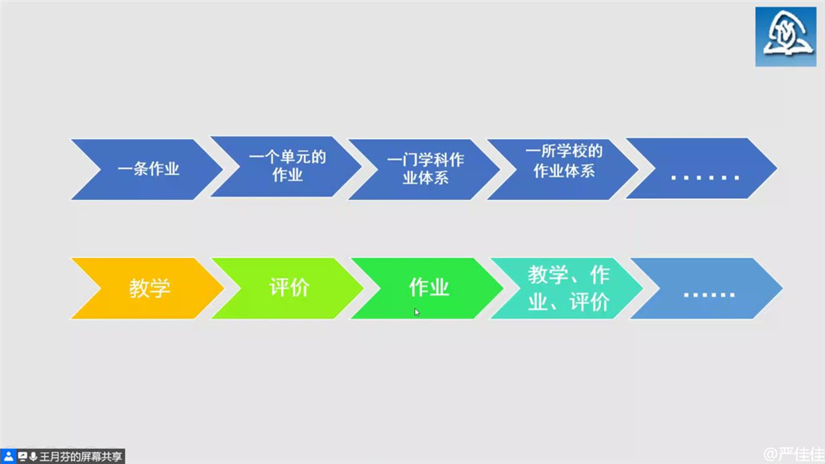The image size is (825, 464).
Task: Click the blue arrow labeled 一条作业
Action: pyautogui.click(x=147, y=169)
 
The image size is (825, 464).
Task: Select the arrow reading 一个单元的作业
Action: pyautogui.click(x=286, y=167)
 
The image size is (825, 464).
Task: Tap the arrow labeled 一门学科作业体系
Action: pyautogui.click(x=425, y=169)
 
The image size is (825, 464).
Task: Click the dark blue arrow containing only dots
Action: pyautogui.click(x=702, y=168)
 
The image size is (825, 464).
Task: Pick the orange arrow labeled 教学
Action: pyautogui.click(x=148, y=288)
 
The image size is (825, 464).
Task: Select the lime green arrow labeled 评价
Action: pyautogui.click(x=288, y=288)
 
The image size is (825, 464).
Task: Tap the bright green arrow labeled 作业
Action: pyautogui.click(x=427, y=288)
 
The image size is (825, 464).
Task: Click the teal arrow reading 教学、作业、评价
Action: pyautogui.click(x=566, y=288)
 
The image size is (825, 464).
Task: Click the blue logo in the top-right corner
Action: pyautogui.click(x=786, y=37)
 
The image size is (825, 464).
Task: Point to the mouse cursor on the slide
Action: pyautogui.click(x=417, y=312)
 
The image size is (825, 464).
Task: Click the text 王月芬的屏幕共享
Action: pyautogui.click(x=81, y=457)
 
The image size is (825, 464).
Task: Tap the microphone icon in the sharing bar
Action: pyautogui.click(x=33, y=457)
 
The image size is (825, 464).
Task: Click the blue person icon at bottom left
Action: pyautogui.click(x=8, y=456)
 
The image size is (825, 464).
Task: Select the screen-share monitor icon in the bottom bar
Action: pyautogui.click(x=23, y=457)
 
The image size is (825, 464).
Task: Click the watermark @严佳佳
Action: pyautogui.click(x=794, y=454)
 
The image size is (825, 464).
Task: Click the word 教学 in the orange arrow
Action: pyautogui.click(x=149, y=288)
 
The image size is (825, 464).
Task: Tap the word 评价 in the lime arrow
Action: pyautogui.click(x=289, y=288)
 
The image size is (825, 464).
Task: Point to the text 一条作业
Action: pyautogui.click(x=148, y=169)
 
